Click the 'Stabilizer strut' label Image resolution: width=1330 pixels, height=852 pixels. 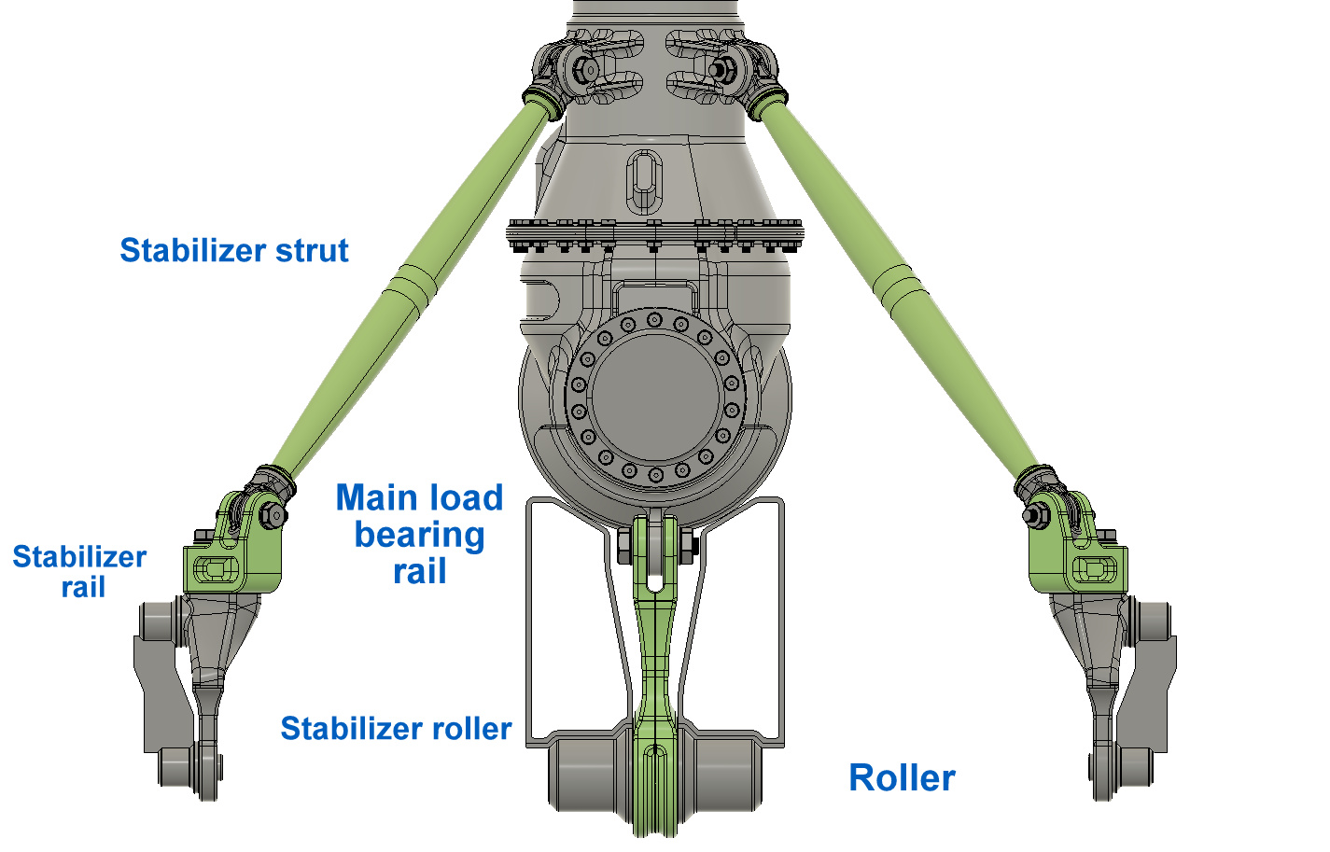[234, 250]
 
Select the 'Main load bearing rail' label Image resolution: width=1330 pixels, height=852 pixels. [420, 534]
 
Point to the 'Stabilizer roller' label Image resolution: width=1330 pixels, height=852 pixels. [396, 728]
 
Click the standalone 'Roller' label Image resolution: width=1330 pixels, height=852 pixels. [902, 777]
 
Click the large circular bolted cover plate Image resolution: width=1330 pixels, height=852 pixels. [655, 397]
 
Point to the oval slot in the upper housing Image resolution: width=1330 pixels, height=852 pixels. [644, 181]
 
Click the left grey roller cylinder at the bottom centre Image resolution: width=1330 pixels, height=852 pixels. [587, 775]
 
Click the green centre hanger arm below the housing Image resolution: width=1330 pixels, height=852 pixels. [654, 671]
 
